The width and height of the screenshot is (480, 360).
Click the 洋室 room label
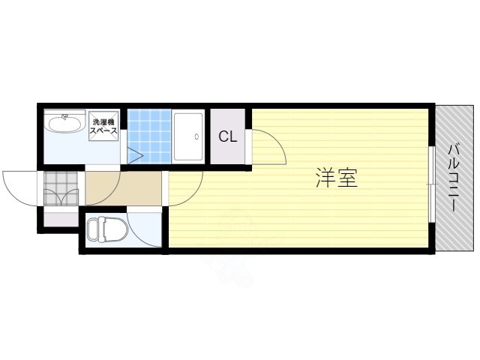[x=336, y=178]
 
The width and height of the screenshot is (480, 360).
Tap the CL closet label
[x=229, y=137]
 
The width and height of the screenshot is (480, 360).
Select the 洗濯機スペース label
[x=103, y=126]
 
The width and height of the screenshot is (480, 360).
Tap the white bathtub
[x=189, y=136]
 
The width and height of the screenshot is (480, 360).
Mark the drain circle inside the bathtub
[x=196, y=137]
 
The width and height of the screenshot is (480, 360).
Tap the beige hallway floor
[x=124, y=187]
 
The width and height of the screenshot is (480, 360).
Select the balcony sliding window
[x=431, y=184]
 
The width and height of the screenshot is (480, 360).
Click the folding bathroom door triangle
[x=133, y=156]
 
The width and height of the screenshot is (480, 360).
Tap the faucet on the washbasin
[x=64, y=116]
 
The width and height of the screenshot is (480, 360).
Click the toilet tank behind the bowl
[x=91, y=231]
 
